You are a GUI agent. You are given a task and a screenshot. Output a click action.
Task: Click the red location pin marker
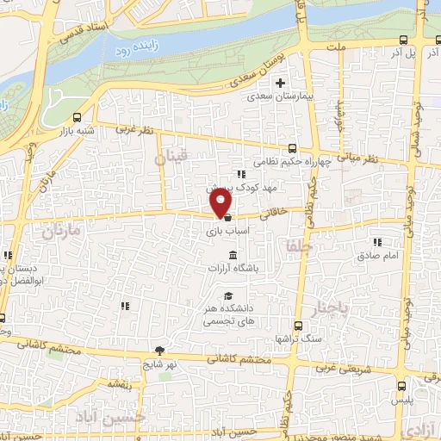pyautogui.click(x=221, y=202)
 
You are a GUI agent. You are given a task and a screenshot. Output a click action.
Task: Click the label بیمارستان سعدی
pyautogui.click(x=277, y=98)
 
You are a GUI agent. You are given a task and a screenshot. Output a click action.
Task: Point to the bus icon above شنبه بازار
pyautogui.click(x=78, y=117)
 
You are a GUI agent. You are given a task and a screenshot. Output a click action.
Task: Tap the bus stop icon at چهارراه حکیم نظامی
pyautogui.click(x=293, y=147)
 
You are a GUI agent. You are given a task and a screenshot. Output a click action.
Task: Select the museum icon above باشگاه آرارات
pyautogui.click(x=233, y=253)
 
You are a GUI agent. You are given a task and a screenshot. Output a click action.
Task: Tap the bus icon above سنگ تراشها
pyautogui.click(x=298, y=326)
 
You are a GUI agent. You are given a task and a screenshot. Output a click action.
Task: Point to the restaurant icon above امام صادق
pyautogui.click(x=376, y=242)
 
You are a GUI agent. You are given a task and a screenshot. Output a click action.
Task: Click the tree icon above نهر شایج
pyautogui.click(x=159, y=350)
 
